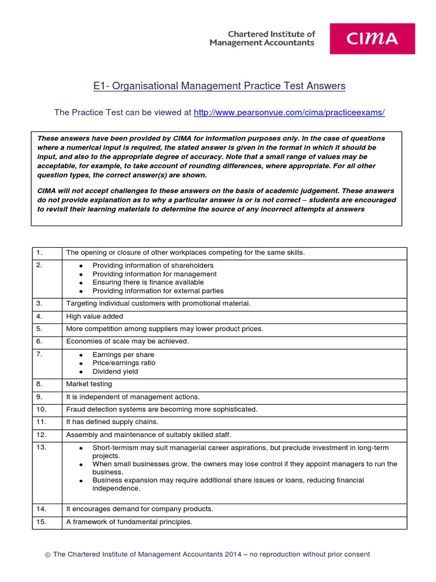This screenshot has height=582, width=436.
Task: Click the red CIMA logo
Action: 372,39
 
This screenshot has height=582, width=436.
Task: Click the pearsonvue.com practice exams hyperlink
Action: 289,113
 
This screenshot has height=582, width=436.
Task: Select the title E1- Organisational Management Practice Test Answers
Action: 219,86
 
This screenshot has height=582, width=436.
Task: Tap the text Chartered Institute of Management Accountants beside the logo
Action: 262,39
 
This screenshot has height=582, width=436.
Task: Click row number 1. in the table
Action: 40,253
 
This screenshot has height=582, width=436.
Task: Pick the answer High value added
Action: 94,317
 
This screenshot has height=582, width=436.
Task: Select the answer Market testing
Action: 89,384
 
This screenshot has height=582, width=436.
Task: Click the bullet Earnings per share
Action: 123,355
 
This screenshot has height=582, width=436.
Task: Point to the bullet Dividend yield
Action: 115,372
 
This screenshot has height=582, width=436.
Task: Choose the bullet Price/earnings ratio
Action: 124,363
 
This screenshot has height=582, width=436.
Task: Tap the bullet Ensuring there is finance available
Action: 148,282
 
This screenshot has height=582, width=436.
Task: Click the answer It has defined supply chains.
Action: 112,422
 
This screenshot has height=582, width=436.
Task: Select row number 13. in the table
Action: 42,448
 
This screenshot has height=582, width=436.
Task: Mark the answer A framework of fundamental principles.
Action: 129,522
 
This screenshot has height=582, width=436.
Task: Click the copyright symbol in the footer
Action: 48,555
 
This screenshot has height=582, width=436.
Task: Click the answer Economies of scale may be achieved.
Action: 127,342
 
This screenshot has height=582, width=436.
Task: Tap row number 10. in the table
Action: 42,410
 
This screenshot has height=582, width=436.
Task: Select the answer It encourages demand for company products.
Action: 140,509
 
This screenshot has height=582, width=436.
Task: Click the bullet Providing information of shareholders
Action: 153,265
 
